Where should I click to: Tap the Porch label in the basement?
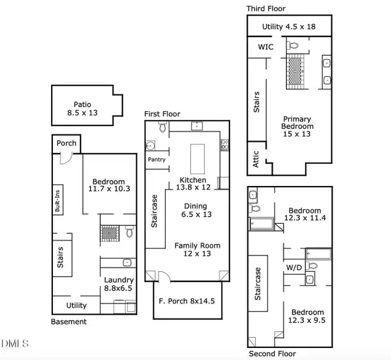click(x=66, y=143)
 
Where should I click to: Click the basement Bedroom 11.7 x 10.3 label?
click(x=108, y=185)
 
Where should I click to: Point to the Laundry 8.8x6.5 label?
click(x=119, y=284)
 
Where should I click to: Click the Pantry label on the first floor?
click(x=157, y=160)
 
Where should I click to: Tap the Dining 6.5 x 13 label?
click(x=195, y=210)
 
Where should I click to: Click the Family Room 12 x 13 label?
click(x=197, y=249)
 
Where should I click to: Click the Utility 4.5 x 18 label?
click(x=289, y=27)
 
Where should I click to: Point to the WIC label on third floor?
click(x=266, y=46)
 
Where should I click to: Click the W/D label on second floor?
click(x=293, y=267)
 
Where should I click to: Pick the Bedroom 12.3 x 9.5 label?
click(x=308, y=316)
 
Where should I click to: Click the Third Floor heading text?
click(x=265, y=8)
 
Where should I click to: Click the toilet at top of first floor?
click(x=162, y=127)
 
